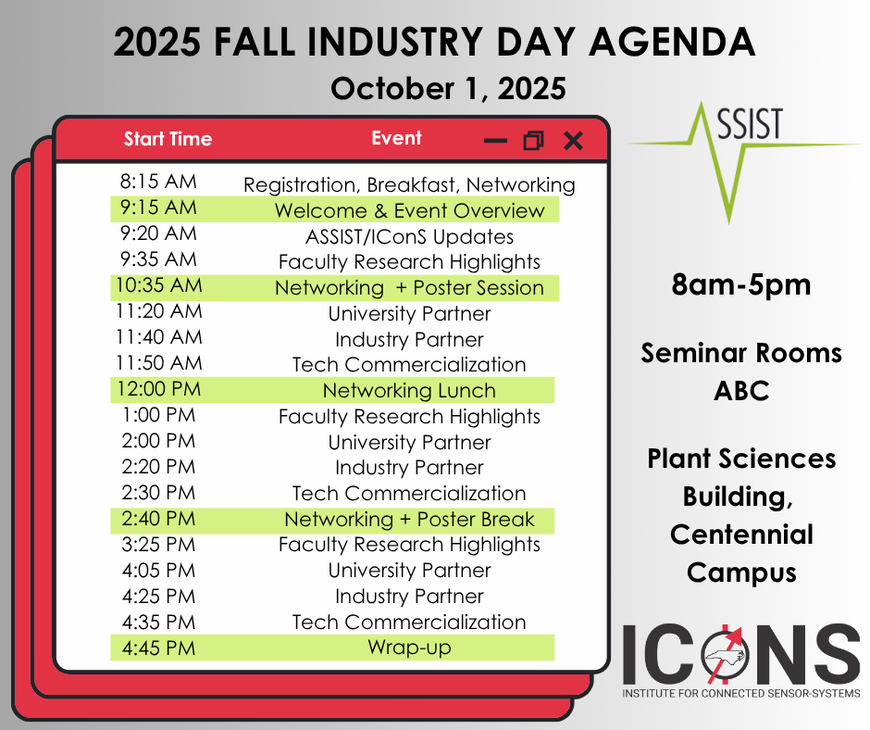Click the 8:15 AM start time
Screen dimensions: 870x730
(158, 182)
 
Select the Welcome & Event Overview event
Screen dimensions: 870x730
(409, 210)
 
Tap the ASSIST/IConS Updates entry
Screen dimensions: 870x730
(409, 236)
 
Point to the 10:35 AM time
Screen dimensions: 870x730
(158, 285)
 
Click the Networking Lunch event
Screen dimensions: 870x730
(409, 391)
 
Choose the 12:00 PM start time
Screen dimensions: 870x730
(158, 389)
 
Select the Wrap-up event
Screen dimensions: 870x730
(409, 648)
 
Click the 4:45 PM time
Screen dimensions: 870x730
(158, 648)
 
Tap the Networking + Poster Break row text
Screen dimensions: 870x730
(409, 519)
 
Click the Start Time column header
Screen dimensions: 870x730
(168, 138)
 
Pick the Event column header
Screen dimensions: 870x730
(396, 138)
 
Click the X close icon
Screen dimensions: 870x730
(573, 141)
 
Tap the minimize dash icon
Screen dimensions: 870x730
(495, 141)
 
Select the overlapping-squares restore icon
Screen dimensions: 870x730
(534, 141)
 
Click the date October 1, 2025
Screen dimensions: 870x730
(448, 89)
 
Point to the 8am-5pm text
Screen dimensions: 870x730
(741, 285)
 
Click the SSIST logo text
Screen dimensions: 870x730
(751, 123)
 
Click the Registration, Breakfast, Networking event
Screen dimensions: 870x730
(409, 185)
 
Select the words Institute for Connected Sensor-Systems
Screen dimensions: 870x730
(741, 693)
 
